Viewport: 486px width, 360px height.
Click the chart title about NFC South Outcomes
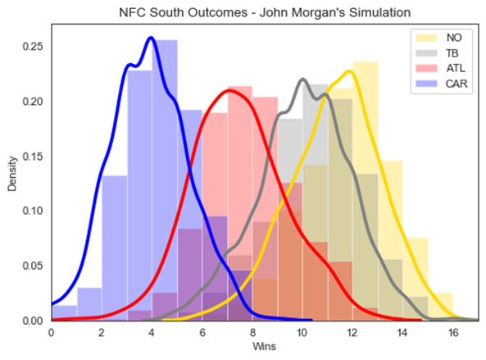point(265,13)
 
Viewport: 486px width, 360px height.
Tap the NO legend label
point(454,38)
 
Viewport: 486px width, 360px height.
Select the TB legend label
point(452,53)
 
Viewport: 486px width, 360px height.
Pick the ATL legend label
point(456,68)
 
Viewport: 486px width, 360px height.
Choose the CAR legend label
point(456,84)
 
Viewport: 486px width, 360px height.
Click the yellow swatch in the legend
point(426,38)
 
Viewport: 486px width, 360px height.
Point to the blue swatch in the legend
point(426,84)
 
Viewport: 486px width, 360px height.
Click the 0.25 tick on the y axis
point(33,47)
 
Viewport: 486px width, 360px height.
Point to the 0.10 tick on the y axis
point(33,211)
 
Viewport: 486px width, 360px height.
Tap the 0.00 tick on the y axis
point(33,321)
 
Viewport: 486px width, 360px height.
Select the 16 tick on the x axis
point(453,333)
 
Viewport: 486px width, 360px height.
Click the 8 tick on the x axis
point(252,333)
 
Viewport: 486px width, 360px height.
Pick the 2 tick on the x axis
point(102,333)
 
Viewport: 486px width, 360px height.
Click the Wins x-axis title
point(264,346)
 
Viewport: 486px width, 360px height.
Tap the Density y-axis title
point(12,174)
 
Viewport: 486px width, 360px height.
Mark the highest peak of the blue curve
point(152,38)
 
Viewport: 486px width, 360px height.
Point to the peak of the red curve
point(229,90)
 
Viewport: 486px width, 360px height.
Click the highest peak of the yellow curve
point(350,71)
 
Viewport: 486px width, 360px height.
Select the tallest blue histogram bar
point(165,180)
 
